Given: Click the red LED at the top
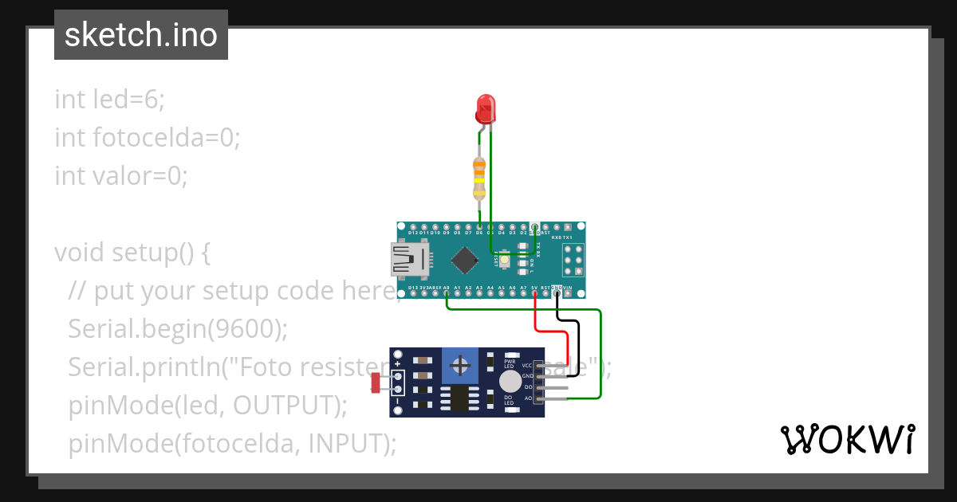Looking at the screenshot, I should point(484,108).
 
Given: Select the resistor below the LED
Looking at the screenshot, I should point(478,179).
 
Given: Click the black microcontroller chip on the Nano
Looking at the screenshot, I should point(464,260).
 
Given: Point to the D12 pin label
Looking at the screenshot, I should point(413,232).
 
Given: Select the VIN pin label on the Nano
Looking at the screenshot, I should point(567,288).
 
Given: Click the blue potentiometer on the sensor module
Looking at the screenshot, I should point(460,366).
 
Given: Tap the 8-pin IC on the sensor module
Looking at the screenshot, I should point(460,398).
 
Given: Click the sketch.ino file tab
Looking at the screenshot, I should point(141,35).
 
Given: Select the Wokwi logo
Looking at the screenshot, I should point(847,439).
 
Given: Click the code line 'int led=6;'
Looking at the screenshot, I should point(109,100).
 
